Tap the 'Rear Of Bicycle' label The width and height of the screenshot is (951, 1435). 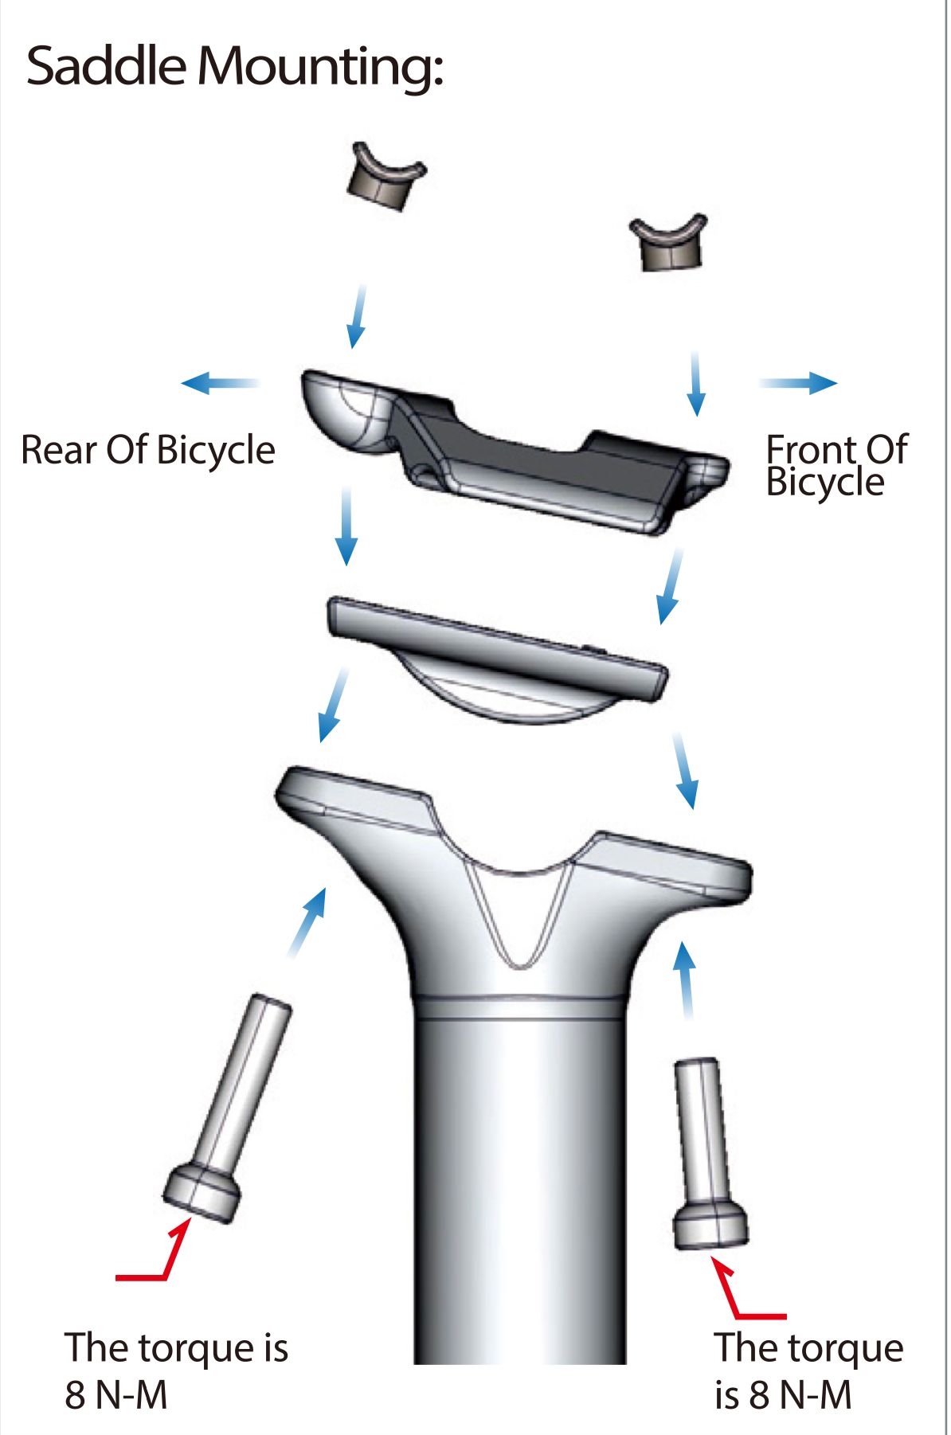148,449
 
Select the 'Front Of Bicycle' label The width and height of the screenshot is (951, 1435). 836,465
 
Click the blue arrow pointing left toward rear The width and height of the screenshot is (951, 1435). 220,383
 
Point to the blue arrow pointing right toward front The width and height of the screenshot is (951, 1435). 797,383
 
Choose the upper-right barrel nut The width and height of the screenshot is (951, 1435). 669,242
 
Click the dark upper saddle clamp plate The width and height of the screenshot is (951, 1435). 514,450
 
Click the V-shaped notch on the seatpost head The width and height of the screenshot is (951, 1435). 519,916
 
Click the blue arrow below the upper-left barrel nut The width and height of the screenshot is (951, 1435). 358,316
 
